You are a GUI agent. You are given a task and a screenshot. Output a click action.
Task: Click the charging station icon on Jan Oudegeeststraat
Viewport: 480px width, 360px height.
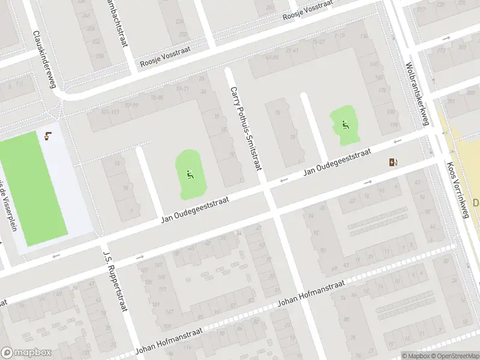[393, 162]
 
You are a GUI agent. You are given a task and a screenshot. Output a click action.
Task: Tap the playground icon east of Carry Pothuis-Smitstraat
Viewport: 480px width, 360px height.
[344, 125]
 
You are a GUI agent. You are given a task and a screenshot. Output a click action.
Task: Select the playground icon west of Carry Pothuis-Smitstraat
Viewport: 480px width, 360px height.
[190, 175]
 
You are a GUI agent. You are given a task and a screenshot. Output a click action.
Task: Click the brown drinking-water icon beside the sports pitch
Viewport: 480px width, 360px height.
[48, 136]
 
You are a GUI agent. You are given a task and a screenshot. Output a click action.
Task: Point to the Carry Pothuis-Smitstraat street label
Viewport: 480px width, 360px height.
[246, 128]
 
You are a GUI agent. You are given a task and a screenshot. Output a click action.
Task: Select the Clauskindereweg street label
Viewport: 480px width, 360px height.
[44, 59]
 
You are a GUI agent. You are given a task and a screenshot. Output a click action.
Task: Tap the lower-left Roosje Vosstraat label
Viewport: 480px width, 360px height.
[164, 61]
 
